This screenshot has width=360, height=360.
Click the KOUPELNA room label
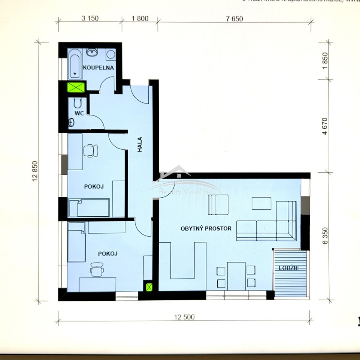pos(98,68)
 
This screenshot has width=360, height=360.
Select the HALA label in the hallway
pos(139,144)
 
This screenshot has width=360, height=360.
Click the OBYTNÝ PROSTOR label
pos(206,228)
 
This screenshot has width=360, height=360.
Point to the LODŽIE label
pos(288,268)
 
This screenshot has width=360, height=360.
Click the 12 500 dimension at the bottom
pos(184,317)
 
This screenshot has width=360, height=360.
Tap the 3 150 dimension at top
pos(90,18)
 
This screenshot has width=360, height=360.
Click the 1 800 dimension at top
pos(140,18)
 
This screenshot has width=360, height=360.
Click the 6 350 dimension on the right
pos(325,235)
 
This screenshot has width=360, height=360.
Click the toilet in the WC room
pos(78,102)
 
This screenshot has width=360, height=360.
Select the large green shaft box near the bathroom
pos(76,87)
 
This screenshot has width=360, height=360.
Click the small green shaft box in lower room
pos(149,287)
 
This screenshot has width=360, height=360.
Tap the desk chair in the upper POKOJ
pos(90,150)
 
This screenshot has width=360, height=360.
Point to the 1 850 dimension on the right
pos(325,59)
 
